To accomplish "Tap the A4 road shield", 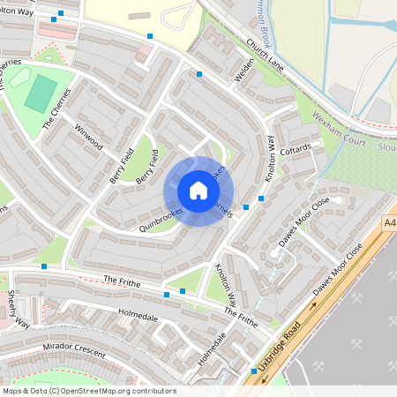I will click(389, 225).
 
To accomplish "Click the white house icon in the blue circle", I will click(198, 191).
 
